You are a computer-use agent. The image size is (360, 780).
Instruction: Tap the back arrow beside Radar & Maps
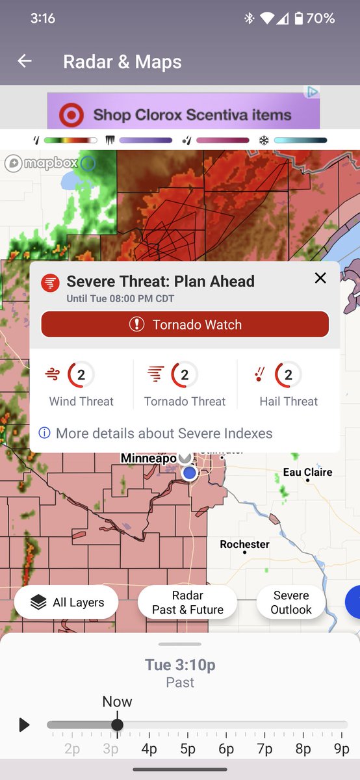[x=25, y=61]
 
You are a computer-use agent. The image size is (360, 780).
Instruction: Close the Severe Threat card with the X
[x=320, y=278]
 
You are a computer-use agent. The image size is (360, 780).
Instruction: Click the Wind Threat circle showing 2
[x=81, y=374]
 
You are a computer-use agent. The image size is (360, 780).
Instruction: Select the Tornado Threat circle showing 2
[x=185, y=374]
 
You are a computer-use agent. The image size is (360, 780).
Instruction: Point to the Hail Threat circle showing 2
[x=289, y=374]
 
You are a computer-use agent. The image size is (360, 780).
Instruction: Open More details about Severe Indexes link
[x=164, y=434]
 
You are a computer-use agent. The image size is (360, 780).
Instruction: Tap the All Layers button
[x=66, y=603]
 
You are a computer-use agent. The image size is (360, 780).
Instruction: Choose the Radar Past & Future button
[x=188, y=603]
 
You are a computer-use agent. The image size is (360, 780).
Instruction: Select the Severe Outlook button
[x=291, y=603]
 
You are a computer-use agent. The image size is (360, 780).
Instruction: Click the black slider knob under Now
[x=117, y=725]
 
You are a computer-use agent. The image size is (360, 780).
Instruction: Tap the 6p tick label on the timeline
[x=226, y=749]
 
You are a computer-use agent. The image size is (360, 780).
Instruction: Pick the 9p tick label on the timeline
[x=341, y=749]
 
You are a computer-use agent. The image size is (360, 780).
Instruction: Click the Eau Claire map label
[x=307, y=472]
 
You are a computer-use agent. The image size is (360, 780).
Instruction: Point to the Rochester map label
[x=244, y=544]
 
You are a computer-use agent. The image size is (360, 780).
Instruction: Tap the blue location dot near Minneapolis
[x=189, y=473]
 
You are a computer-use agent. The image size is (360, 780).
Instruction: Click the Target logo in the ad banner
[x=71, y=116]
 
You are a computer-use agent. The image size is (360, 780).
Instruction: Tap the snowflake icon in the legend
[x=264, y=140]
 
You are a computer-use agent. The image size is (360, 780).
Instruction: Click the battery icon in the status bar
[x=298, y=19]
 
